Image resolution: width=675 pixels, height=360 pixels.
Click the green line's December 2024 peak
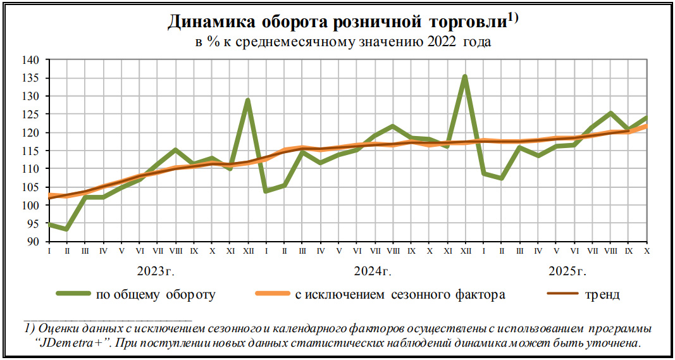point(465,77)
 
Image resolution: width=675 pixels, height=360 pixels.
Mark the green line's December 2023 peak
point(248,100)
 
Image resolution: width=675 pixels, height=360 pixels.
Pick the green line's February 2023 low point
point(66,229)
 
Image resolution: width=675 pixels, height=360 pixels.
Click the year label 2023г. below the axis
point(155,272)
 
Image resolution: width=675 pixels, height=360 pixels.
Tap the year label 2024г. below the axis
point(373,272)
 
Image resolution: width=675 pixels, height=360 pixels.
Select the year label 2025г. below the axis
point(567,272)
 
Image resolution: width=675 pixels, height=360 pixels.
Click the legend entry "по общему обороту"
point(156,294)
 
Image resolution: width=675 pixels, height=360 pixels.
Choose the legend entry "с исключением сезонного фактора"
point(400,294)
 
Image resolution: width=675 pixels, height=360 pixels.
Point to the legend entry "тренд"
point(602,294)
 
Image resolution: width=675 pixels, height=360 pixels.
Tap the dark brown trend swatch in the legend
point(562,294)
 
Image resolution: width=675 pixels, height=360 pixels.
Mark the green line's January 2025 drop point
point(483,173)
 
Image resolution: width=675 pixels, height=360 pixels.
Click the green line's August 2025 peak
point(610,113)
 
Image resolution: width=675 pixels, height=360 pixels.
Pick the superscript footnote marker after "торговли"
point(512,18)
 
